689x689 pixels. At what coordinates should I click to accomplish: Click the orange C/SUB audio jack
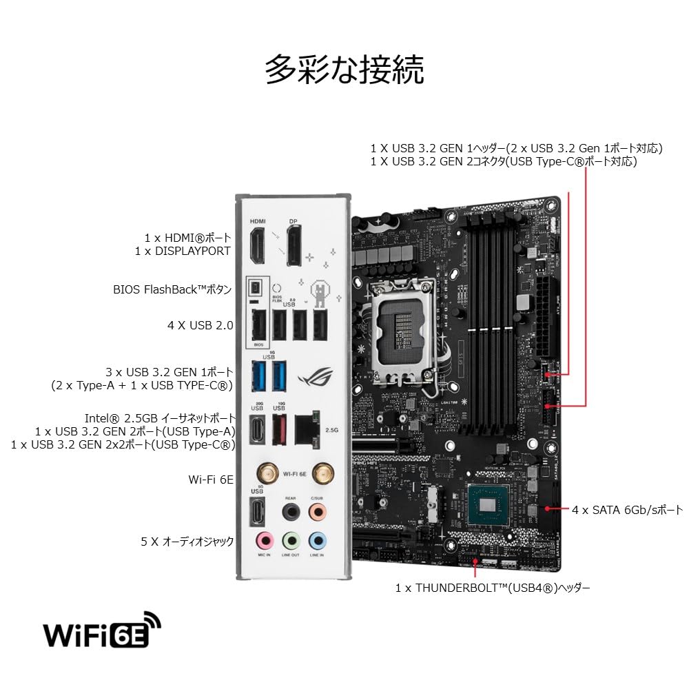tap(317, 511)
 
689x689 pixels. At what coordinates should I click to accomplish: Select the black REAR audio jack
tap(290, 511)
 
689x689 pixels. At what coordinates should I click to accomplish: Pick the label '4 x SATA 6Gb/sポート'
tap(627, 511)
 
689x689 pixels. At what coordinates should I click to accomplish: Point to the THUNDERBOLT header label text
tap(493, 588)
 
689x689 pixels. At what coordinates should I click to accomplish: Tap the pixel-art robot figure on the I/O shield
tap(320, 292)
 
